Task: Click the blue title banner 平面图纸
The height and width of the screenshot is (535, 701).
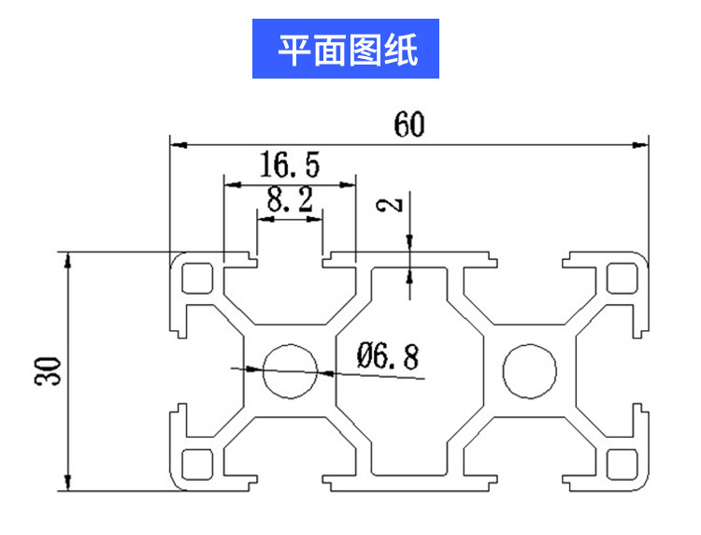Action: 347,49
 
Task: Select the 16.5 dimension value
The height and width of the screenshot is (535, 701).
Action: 289,166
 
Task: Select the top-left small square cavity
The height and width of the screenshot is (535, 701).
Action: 198,279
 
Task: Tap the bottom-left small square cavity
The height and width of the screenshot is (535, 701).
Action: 198,463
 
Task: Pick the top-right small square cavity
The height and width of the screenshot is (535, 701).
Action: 620,279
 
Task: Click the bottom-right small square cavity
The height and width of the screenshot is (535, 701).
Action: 620,463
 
